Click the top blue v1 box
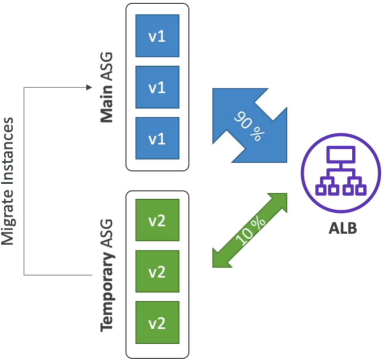[x=157, y=36]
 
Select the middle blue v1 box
[x=157, y=87]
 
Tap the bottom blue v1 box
[x=157, y=138]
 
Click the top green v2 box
[x=157, y=220]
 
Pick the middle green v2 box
[x=157, y=271]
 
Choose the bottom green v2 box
[x=157, y=323]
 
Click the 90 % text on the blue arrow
[x=250, y=126]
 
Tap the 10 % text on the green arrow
[x=251, y=231]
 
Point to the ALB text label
[x=343, y=228]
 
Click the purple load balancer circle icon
[x=341, y=175]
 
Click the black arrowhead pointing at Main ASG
[x=89, y=87]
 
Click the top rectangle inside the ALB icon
[x=341, y=155]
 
